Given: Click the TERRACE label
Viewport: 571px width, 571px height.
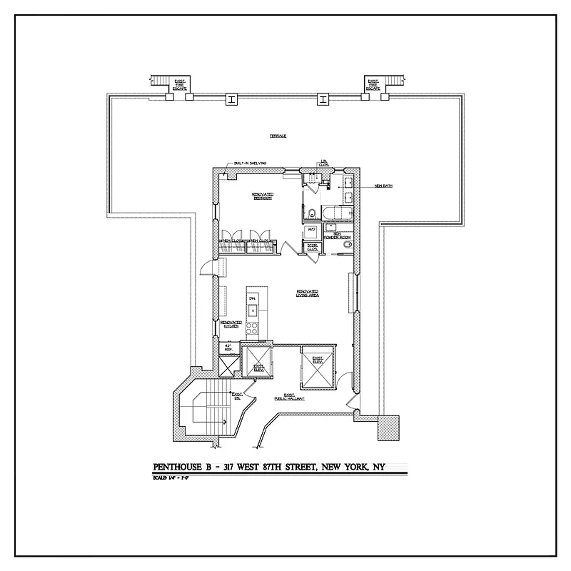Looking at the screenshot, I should coord(278,136).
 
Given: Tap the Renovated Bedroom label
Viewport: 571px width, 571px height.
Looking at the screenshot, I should coord(263,196).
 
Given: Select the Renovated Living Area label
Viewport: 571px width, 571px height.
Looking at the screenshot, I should coord(308,293).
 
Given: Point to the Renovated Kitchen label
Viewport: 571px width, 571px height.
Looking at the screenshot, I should coord(231,323).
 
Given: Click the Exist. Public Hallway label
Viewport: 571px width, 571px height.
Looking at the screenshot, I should coord(293,397).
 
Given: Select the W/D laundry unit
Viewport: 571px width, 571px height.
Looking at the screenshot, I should coord(311,231).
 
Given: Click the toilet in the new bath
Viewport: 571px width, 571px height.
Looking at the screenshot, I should coord(313,212).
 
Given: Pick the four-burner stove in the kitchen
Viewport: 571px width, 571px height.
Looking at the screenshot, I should coord(253,330).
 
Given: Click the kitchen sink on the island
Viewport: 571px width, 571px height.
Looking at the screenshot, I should coord(252,309).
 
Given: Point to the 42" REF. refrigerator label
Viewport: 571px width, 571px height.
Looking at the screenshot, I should coord(228,348).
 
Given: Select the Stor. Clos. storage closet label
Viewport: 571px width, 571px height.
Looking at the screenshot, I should coord(312,247).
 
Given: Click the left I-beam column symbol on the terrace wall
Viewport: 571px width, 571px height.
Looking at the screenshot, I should coord(231,100).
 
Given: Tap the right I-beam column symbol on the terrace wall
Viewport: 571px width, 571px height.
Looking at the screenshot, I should coord(323,100).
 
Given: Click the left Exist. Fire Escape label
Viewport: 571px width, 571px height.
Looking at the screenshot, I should coord(180,85).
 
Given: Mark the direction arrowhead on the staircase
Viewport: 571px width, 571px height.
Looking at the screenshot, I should coord(226,422).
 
